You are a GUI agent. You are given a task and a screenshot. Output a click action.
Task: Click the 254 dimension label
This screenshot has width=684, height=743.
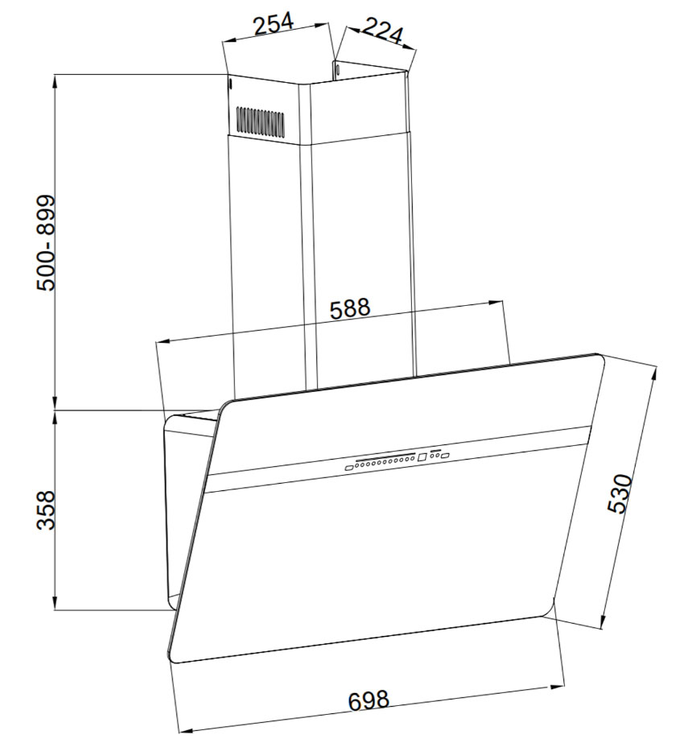click(x=274, y=25)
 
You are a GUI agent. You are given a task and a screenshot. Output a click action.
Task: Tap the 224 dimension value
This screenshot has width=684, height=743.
click(x=383, y=31)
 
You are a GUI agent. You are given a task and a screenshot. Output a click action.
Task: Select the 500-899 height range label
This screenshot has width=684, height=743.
click(x=47, y=242)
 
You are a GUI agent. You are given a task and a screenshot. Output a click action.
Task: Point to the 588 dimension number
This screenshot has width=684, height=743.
click(x=349, y=308)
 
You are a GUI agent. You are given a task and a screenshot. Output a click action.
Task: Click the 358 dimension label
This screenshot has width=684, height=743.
click(x=47, y=510)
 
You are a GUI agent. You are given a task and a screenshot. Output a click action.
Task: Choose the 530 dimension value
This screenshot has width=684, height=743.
click(x=620, y=493)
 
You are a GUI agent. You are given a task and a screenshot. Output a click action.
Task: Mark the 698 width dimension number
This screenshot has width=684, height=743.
click(x=369, y=700)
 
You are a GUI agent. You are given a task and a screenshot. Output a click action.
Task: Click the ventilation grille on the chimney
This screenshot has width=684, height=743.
click(x=261, y=121)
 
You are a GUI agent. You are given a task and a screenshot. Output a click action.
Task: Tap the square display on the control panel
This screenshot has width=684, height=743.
click(x=422, y=458)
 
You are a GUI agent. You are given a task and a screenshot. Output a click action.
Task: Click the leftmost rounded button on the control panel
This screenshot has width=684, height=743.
click(x=349, y=468)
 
